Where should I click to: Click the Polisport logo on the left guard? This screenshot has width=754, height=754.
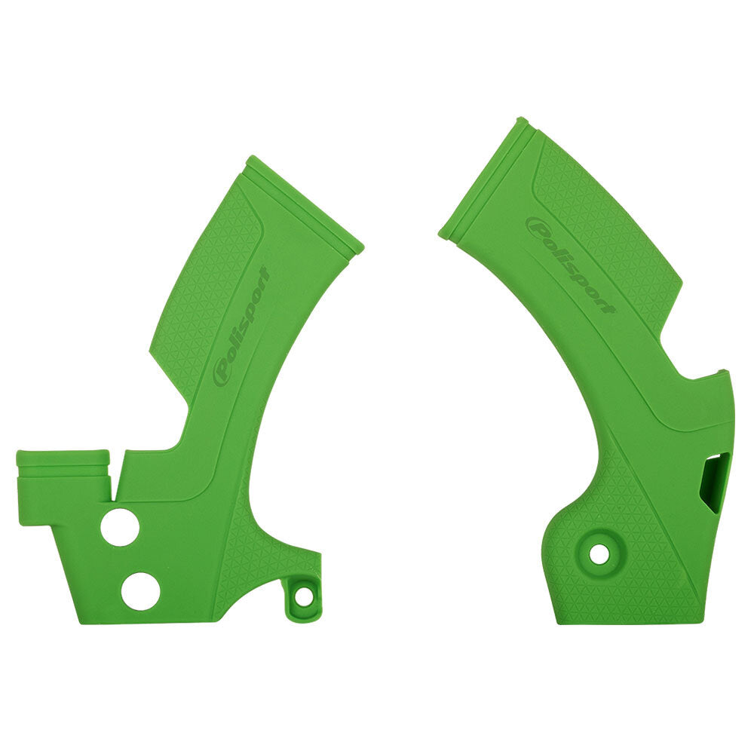click(x=241, y=328)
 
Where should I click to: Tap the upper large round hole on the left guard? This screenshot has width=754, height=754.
click(x=119, y=527)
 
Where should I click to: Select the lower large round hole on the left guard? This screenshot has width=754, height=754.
click(x=140, y=591)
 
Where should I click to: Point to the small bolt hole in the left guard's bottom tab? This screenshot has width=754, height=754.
click(x=303, y=596)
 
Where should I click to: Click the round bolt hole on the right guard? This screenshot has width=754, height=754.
click(x=599, y=554)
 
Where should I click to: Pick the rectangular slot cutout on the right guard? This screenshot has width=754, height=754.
click(x=713, y=483)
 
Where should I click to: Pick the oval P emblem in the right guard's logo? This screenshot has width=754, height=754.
click(x=537, y=225)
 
